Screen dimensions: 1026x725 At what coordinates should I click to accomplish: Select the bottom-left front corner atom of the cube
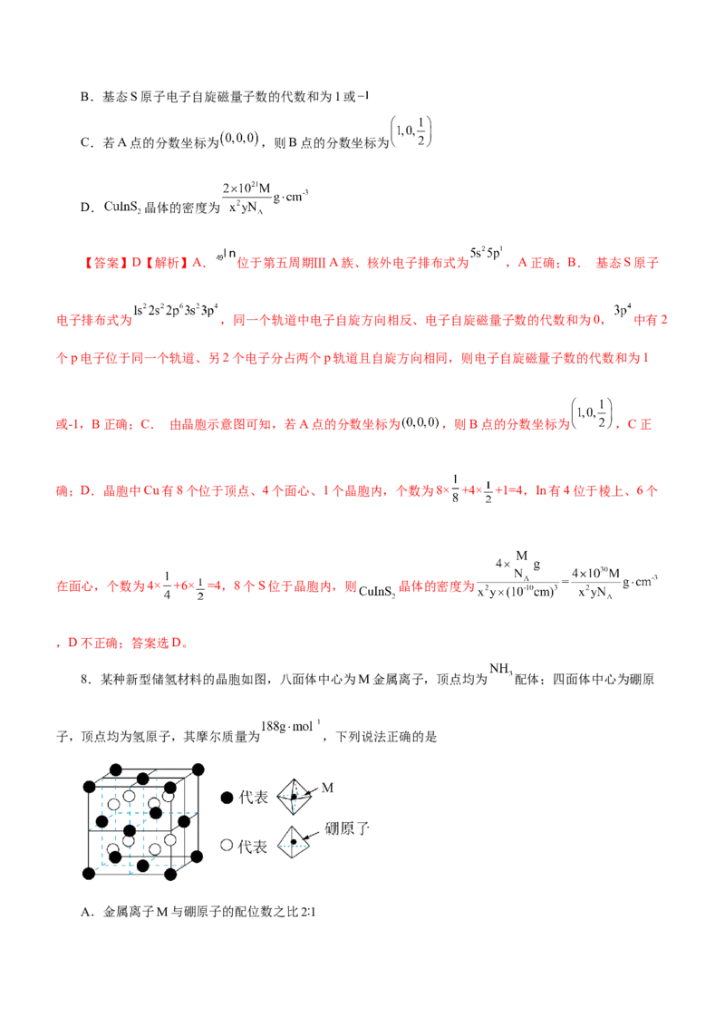(x=87, y=873)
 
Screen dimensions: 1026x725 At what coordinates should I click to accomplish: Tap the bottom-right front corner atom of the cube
(x=170, y=874)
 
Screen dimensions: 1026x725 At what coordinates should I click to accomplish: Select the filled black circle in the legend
(x=227, y=798)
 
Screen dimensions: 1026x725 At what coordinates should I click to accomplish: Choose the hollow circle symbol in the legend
(x=227, y=847)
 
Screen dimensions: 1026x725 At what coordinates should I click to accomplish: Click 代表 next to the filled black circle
(x=253, y=799)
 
